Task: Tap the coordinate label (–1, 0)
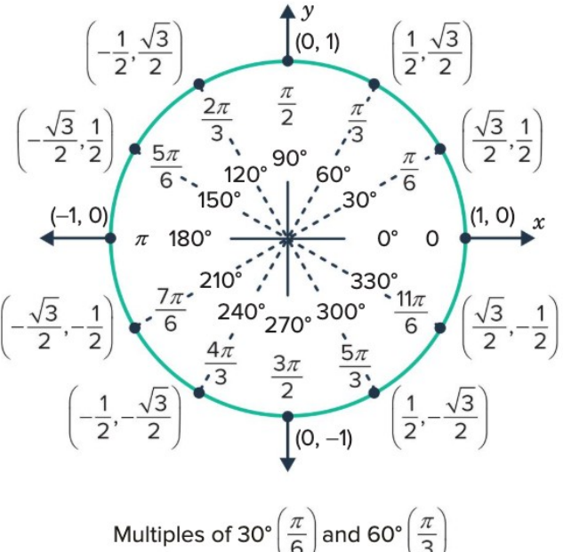(79, 216)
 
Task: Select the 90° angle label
(290, 158)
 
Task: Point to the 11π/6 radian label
(411, 312)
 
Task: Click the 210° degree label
(221, 280)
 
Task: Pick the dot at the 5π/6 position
(134, 149)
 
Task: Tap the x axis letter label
(539, 223)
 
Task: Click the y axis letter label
(308, 12)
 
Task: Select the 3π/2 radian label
(286, 378)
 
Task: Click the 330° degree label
(374, 281)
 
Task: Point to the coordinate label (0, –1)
(324, 438)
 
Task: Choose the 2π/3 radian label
(217, 120)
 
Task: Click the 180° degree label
(190, 239)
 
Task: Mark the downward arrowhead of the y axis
(287, 464)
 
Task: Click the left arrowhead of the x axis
(47, 238)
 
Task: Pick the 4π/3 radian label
(221, 364)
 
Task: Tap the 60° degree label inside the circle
(334, 175)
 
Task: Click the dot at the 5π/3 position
(374, 393)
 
